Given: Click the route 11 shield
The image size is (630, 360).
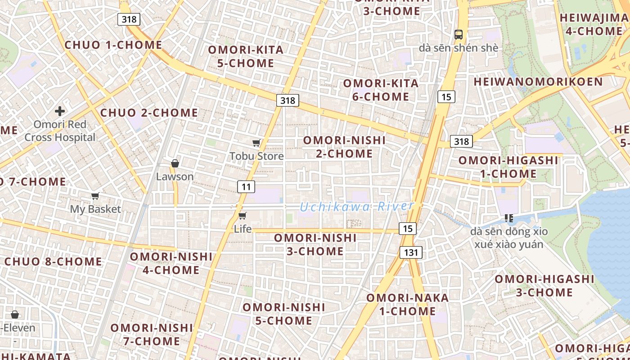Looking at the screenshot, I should pyautogui.click(x=246, y=186).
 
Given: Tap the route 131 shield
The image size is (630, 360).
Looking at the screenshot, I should pyautogui.click(x=411, y=252).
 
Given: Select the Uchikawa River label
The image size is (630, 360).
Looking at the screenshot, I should pyautogui.click(x=356, y=207).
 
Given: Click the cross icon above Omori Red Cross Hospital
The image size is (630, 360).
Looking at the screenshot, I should pyautogui.click(x=60, y=111).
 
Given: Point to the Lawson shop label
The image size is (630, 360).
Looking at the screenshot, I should pyautogui.click(x=175, y=177).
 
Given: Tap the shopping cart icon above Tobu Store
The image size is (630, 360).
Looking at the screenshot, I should pyautogui.click(x=256, y=143).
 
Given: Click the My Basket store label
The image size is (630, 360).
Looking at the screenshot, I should pyautogui.click(x=95, y=209).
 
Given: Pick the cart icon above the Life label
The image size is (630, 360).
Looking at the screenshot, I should pyautogui.click(x=243, y=216).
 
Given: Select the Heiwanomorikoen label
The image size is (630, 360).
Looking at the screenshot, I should pyautogui.click(x=538, y=81).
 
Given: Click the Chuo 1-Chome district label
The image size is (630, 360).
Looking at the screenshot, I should pyautogui.click(x=113, y=45).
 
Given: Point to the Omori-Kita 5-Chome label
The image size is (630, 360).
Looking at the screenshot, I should pyautogui.click(x=246, y=56).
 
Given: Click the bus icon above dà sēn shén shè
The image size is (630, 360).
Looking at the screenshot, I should pyautogui.click(x=459, y=34).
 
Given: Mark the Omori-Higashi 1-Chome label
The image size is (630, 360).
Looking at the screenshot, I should pyautogui.click(x=508, y=167).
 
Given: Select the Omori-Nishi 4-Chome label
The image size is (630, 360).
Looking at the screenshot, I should pyautogui.click(x=171, y=263).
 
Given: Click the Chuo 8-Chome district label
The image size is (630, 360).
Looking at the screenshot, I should pyautogui.click(x=53, y=261).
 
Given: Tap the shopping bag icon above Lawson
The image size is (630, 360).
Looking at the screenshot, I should pyautogui.click(x=175, y=163).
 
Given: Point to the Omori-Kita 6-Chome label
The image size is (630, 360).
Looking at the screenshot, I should pyautogui.click(x=381, y=90).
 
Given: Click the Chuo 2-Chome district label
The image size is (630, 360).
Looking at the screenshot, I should pyautogui.click(x=149, y=112).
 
